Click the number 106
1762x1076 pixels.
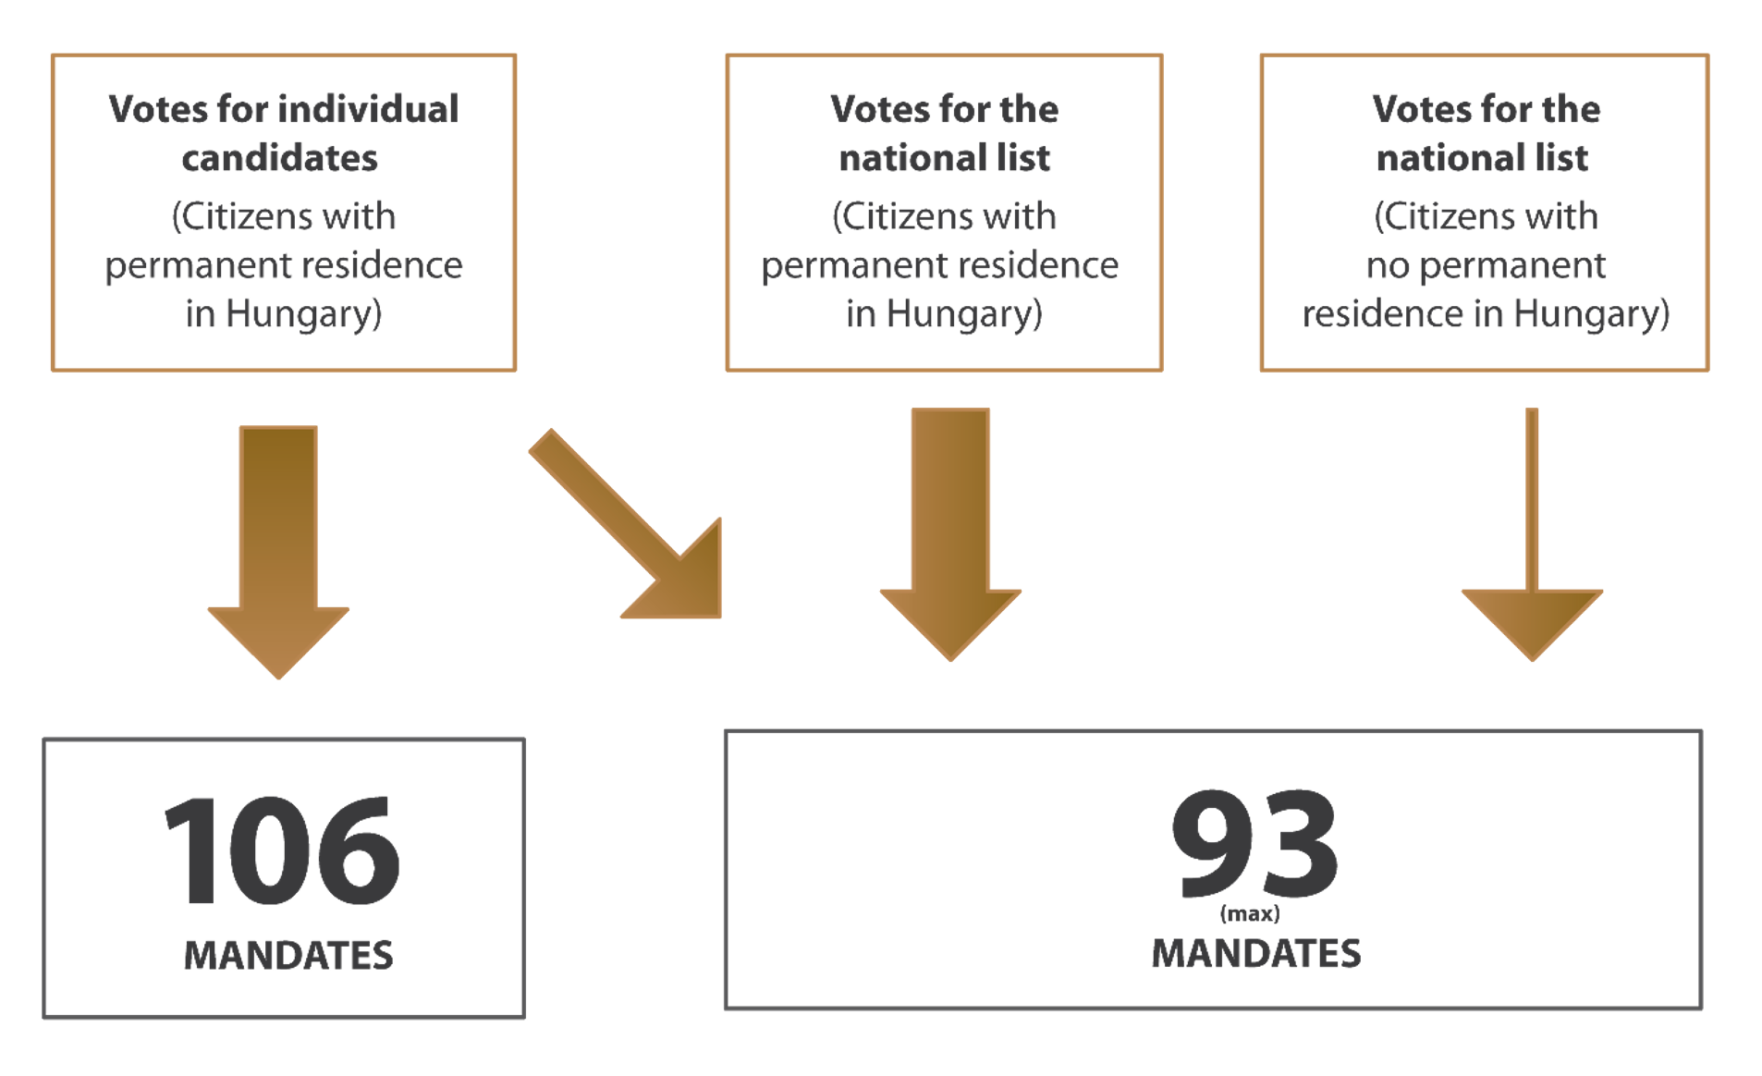click(x=282, y=850)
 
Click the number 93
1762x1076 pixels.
click(x=1254, y=843)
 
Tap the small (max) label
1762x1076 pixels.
click(x=1250, y=914)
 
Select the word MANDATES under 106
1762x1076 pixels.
click(x=288, y=955)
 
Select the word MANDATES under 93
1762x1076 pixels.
click(x=1255, y=954)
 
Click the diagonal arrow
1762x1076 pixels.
click(x=629, y=527)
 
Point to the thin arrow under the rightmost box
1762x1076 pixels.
click(x=1532, y=545)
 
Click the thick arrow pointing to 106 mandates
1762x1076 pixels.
click(x=278, y=545)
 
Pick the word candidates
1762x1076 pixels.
click(x=280, y=158)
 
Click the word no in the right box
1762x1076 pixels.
click(x=1387, y=266)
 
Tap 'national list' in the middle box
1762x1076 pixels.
click(x=945, y=158)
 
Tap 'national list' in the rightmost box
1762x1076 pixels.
click(x=1482, y=158)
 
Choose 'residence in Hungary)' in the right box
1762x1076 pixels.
click(x=1486, y=314)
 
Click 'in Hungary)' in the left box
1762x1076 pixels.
click(x=284, y=314)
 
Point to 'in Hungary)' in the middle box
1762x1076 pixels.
click(x=944, y=314)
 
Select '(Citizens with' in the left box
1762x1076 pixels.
click(x=284, y=216)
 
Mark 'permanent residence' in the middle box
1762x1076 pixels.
click(x=939, y=266)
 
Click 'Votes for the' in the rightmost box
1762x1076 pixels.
click(x=1486, y=109)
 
